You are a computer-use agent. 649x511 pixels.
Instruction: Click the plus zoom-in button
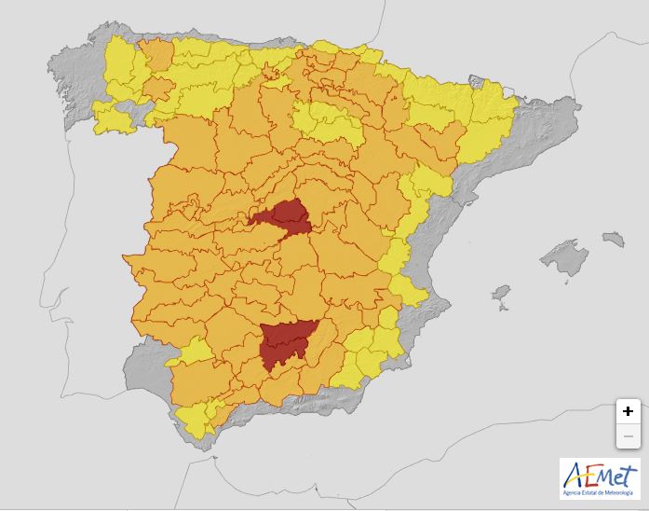click(x=629, y=411)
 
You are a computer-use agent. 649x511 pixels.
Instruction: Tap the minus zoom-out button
click(x=629, y=435)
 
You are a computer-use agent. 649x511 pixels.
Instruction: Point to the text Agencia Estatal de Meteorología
click(x=599, y=491)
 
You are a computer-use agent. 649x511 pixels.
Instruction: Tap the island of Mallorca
click(x=563, y=257)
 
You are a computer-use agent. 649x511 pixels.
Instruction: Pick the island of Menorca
click(x=612, y=240)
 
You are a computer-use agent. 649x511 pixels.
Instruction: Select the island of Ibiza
click(x=501, y=295)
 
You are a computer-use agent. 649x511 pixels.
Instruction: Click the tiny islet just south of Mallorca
click(x=562, y=280)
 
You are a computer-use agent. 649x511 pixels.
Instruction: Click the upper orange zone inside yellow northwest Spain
click(x=156, y=54)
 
